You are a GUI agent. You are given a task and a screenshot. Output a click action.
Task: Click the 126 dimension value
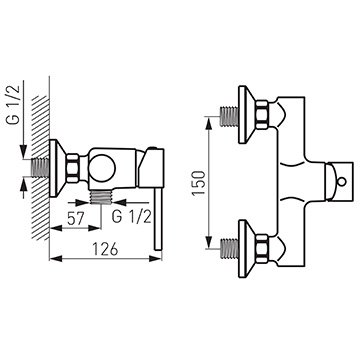(x=105, y=249)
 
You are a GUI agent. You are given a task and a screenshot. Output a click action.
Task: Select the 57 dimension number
(x=76, y=219)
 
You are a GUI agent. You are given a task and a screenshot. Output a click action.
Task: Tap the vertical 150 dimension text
(x=199, y=183)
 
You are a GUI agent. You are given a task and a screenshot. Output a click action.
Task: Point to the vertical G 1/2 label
(x=14, y=105)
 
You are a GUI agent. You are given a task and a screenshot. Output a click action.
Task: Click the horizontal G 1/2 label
(x=132, y=217)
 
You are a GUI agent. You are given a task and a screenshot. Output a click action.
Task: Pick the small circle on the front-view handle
(x=341, y=182)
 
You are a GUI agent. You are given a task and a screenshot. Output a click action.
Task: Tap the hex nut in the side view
(x=73, y=168)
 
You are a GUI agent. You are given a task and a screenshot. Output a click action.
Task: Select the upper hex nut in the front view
(x=262, y=115)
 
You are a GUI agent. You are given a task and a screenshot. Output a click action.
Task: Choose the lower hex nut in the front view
(x=262, y=248)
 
